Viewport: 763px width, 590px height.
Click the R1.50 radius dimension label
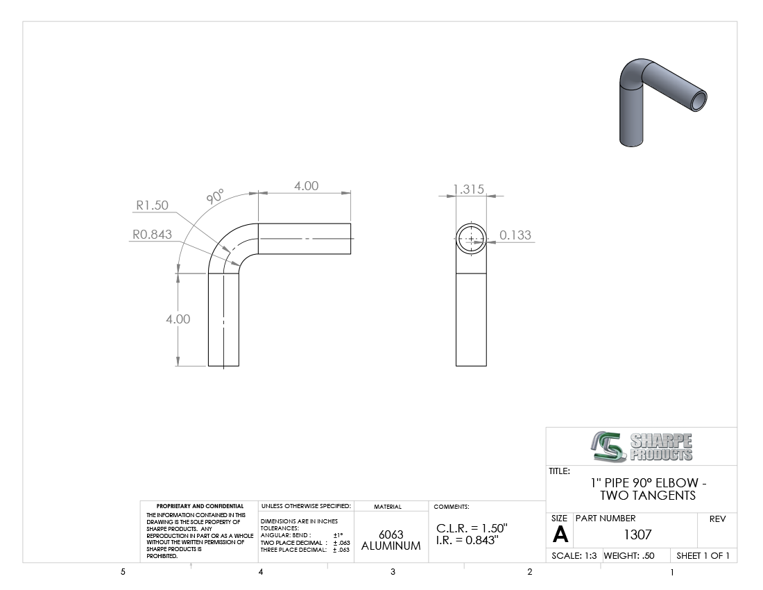pos(152,205)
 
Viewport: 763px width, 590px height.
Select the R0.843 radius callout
pos(153,235)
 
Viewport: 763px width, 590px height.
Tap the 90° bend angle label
pos(214,196)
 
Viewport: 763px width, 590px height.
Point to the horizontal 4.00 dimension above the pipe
pos(306,186)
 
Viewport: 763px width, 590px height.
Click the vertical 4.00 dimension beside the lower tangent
pos(178,319)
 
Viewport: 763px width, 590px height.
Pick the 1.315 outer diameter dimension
pos(469,189)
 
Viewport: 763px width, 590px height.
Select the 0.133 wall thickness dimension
pos(515,235)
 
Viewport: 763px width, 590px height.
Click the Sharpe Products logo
pos(642,446)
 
